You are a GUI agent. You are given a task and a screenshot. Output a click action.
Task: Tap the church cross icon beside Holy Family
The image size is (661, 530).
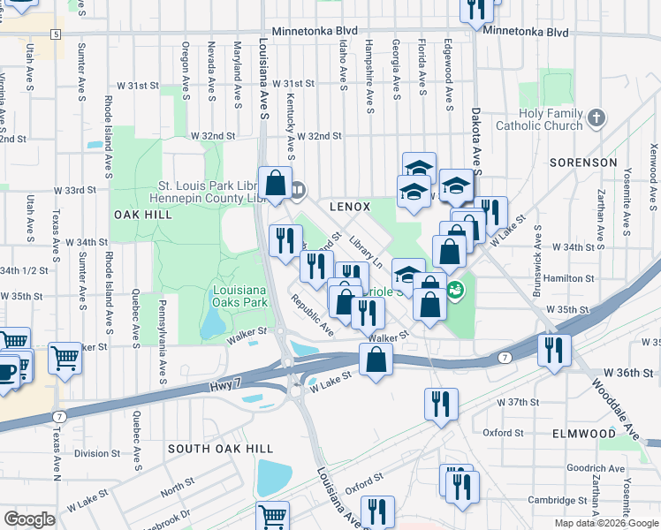pos(596,117)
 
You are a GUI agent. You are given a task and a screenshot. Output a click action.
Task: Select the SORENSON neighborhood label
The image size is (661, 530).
pos(583,163)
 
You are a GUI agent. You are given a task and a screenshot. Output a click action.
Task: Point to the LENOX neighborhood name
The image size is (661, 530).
pos(349,206)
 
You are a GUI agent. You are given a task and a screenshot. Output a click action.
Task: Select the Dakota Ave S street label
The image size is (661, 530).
pos(475,141)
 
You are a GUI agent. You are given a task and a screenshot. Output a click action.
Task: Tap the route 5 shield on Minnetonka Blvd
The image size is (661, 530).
pos(56,34)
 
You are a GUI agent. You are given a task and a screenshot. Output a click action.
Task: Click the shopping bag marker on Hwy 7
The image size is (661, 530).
pos(376,360)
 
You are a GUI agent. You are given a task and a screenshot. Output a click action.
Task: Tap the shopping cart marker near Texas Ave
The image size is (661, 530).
pos(65,358)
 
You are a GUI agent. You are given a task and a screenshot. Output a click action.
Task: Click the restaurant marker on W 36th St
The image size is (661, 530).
pos(554,347)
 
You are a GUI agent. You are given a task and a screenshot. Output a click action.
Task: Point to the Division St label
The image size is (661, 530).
pos(96,453)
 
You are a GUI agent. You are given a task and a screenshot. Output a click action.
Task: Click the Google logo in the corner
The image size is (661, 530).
pos(30,519)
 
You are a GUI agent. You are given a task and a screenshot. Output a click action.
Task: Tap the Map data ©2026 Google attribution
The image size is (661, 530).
pos(604,523)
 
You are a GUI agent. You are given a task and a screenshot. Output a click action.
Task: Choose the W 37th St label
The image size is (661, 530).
pos(517,402)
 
